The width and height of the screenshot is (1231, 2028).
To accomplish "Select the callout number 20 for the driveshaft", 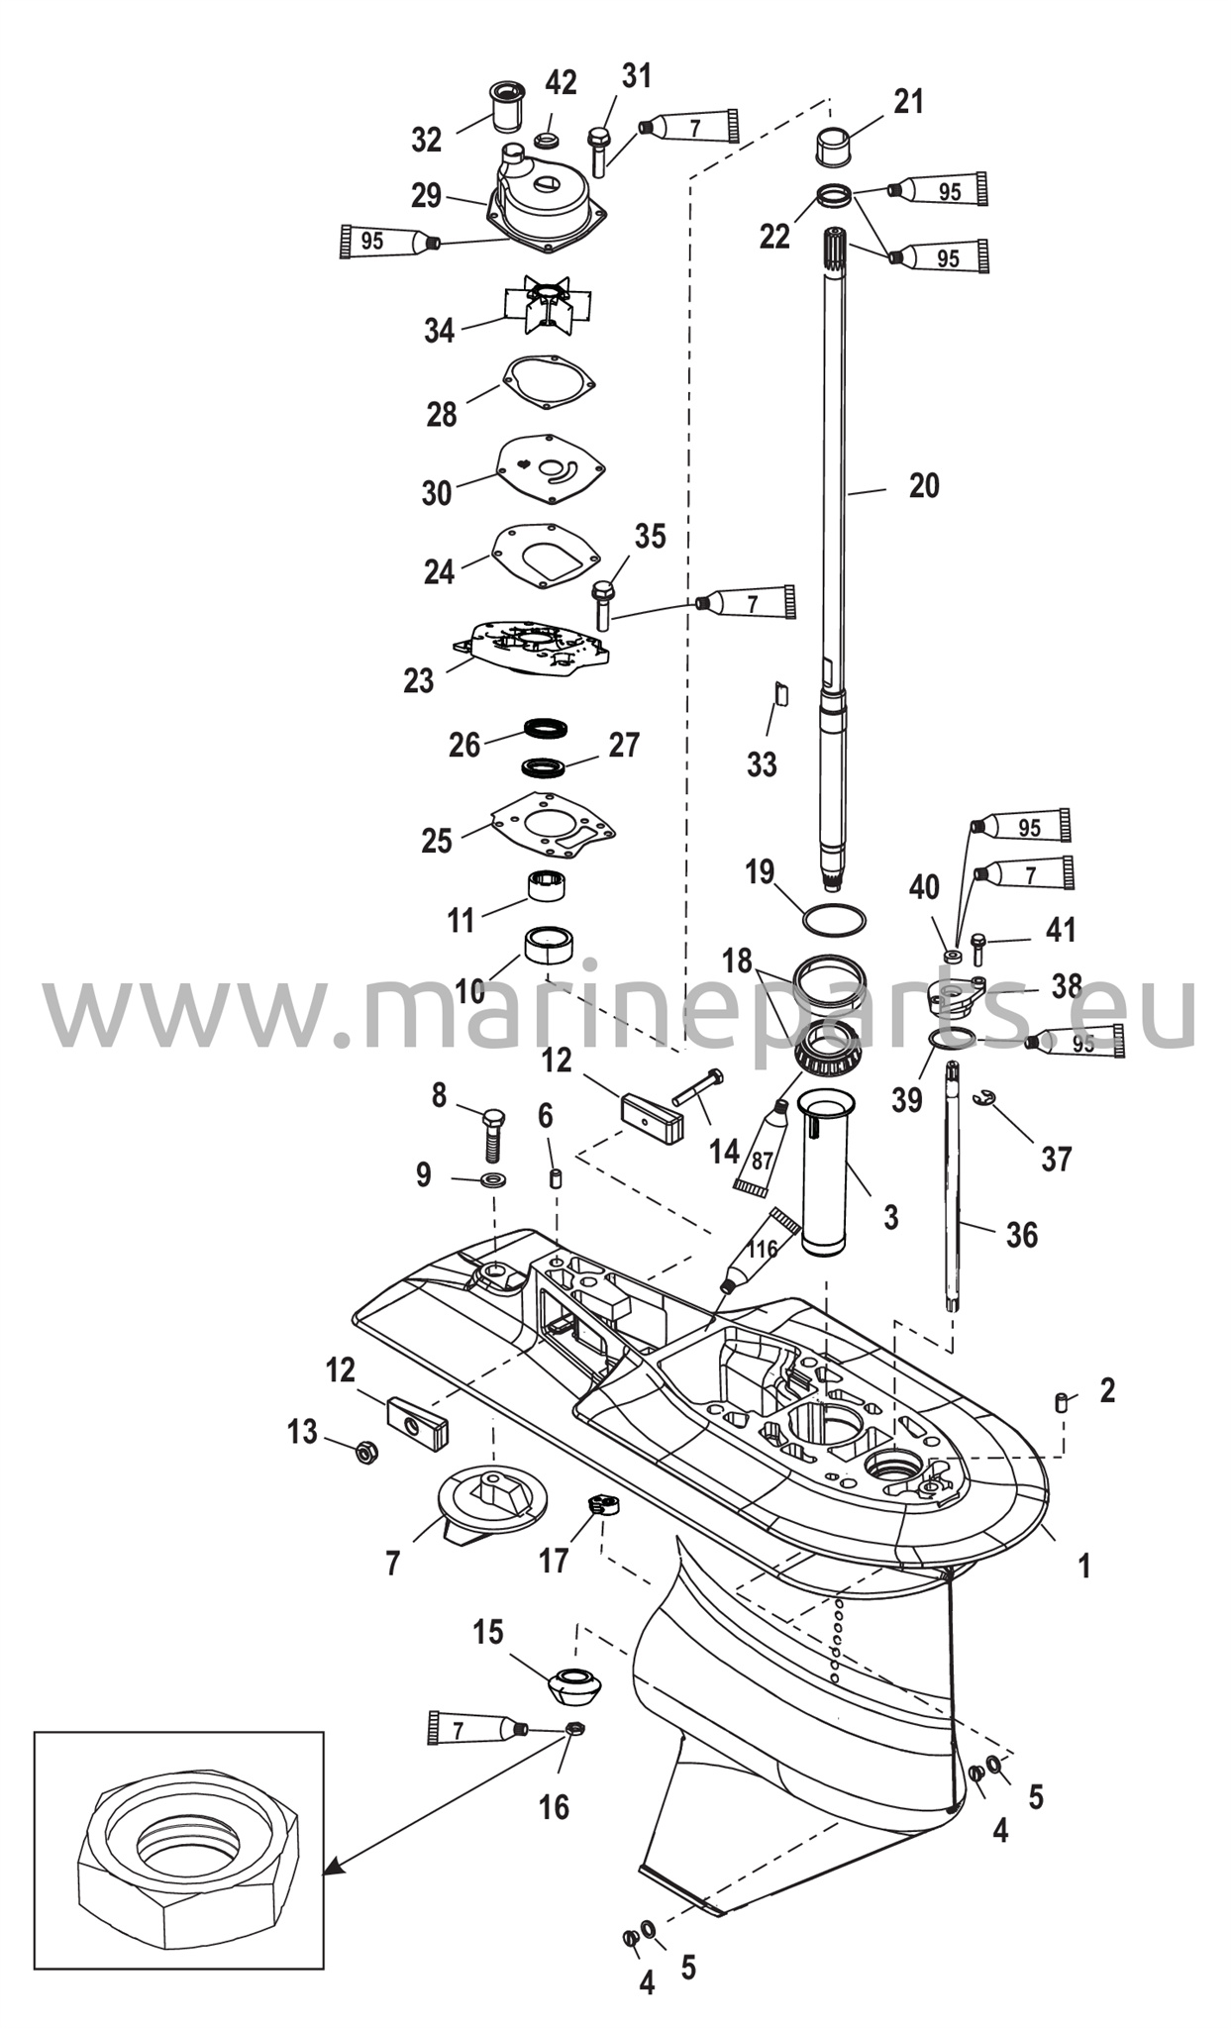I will (924, 486).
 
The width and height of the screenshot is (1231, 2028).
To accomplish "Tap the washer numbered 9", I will (492, 1179).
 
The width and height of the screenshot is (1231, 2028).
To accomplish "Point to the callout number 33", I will (762, 764).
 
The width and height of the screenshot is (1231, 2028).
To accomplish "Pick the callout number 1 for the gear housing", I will (1083, 1566).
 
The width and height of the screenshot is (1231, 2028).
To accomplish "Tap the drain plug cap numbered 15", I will (574, 1686).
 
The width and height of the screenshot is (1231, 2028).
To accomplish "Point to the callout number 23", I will (419, 680).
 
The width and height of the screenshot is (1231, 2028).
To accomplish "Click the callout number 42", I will (562, 83).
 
